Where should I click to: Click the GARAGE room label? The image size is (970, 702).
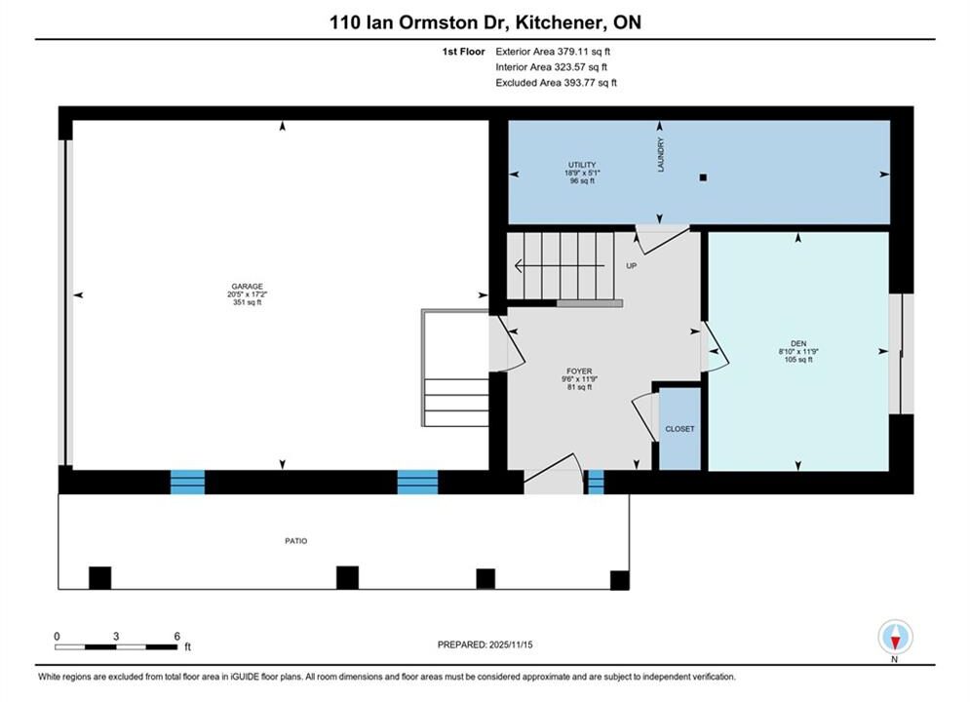tap(248, 287)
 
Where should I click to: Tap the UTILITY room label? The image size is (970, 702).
tap(582, 165)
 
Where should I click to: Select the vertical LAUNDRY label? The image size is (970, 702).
tap(661, 155)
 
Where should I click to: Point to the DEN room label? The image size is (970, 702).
tap(798, 343)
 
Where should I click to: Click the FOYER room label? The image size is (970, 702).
tap(579, 371)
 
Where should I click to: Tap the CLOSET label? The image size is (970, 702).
tap(679, 429)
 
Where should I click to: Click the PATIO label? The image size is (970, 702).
tap(295, 540)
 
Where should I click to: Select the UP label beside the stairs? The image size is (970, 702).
tap(631, 266)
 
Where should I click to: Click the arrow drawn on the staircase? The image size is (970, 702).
tap(560, 266)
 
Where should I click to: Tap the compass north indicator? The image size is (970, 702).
tap(895, 637)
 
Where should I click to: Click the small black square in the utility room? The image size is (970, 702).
tap(703, 177)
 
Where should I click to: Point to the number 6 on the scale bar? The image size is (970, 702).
tap(176, 636)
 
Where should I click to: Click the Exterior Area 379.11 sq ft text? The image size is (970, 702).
tap(553, 52)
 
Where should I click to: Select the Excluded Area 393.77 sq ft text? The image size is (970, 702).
tap(556, 82)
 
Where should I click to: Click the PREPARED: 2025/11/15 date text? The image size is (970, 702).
tap(485, 644)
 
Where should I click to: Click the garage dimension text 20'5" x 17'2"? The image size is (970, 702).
tap(248, 294)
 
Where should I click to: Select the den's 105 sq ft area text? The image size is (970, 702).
tap(798, 360)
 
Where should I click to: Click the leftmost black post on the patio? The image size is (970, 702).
tap(100, 577)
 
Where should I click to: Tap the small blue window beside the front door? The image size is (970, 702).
tap(595, 482)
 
